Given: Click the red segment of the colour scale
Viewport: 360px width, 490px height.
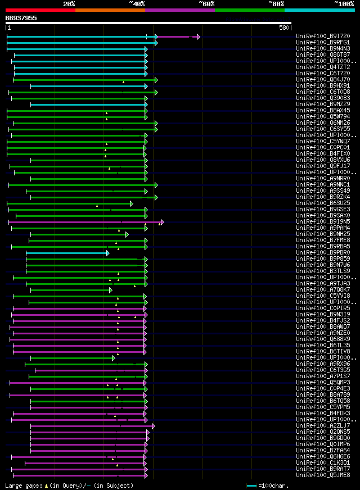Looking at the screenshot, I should [40, 10].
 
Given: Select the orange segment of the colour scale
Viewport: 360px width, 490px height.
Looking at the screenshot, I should [110, 10].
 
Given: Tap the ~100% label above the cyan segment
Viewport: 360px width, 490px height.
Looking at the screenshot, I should [344, 3].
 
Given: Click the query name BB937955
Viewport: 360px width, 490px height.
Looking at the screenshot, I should [21, 18].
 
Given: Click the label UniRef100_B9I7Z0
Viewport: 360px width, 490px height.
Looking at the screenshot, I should [323, 37].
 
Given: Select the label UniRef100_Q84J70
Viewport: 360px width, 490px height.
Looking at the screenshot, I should [323, 80].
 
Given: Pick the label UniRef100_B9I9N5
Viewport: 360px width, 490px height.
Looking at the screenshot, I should [323, 221].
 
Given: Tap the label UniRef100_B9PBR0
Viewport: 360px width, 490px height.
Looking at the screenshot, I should [323, 253].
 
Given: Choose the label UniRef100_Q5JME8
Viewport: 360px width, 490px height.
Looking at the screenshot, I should [323, 475].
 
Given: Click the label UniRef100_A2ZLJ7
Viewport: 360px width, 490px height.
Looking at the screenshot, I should [323, 425].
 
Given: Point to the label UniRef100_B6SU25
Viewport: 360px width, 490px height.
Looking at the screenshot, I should [323, 203].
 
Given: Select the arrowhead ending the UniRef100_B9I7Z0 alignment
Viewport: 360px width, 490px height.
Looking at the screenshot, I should [199, 37].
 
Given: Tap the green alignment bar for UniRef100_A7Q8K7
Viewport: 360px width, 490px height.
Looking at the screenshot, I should [70, 290].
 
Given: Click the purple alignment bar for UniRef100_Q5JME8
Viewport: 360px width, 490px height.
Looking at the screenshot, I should [79, 475].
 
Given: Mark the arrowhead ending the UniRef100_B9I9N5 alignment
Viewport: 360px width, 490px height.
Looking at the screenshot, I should [162, 222].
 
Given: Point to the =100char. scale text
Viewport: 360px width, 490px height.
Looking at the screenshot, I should [273, 485].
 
